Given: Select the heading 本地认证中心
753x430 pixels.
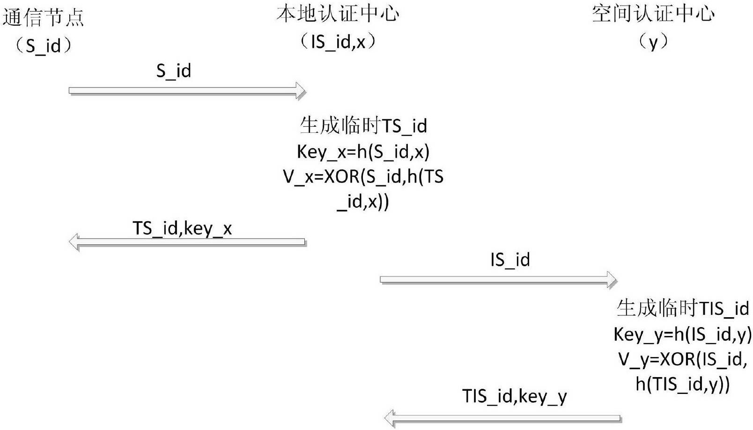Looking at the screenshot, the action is tap(338, 14).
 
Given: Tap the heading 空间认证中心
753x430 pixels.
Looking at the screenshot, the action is tap(653, 14).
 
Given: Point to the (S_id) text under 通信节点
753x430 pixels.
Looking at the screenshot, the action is tap(43, 46).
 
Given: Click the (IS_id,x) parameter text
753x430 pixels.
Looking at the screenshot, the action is tap(338, 42).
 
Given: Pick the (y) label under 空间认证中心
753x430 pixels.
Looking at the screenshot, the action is tap(653, 42).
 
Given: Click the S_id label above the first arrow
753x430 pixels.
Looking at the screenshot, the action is tap(174, 71).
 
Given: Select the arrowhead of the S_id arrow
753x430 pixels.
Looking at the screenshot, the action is tap(300, 90).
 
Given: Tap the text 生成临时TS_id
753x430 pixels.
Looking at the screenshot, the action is tap(363, 126).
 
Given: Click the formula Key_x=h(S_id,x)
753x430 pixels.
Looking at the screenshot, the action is tap(363, 152).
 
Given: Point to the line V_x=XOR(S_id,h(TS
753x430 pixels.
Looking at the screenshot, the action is tap(363, 176).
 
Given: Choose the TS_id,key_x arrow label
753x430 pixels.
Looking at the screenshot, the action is tap(182, 228).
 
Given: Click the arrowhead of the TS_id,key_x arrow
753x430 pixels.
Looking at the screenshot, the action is tap(74, 242).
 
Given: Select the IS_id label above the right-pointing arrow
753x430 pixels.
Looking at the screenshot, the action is tap(510, 260).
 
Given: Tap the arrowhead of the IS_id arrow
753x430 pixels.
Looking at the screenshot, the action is tap(612, 280).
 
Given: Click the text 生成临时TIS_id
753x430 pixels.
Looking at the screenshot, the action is tap(683, 308).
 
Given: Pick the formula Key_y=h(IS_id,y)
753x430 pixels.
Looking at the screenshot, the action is tap(683, 334).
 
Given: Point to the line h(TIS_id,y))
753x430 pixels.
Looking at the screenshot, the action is tap(683, 384).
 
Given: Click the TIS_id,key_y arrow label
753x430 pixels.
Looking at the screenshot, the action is tap(515, 396).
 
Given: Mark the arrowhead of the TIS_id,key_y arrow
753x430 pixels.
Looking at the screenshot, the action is tap(390, 417).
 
